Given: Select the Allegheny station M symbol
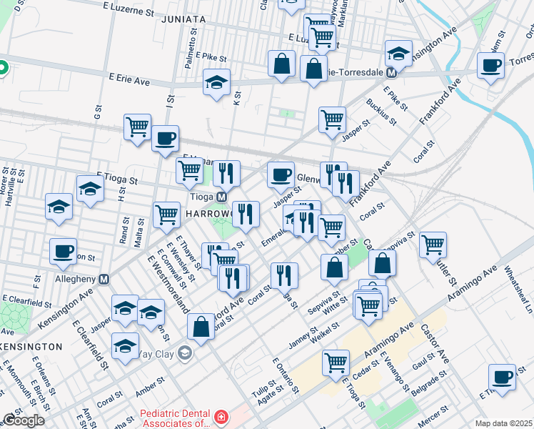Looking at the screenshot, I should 104,278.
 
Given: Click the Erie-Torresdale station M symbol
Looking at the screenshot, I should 391,72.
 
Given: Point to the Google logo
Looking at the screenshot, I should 23,420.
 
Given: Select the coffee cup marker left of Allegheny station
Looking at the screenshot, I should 64,250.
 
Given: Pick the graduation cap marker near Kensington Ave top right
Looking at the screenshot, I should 398,53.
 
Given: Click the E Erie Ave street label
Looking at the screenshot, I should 129,82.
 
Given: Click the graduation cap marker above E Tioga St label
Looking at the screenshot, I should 91,189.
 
